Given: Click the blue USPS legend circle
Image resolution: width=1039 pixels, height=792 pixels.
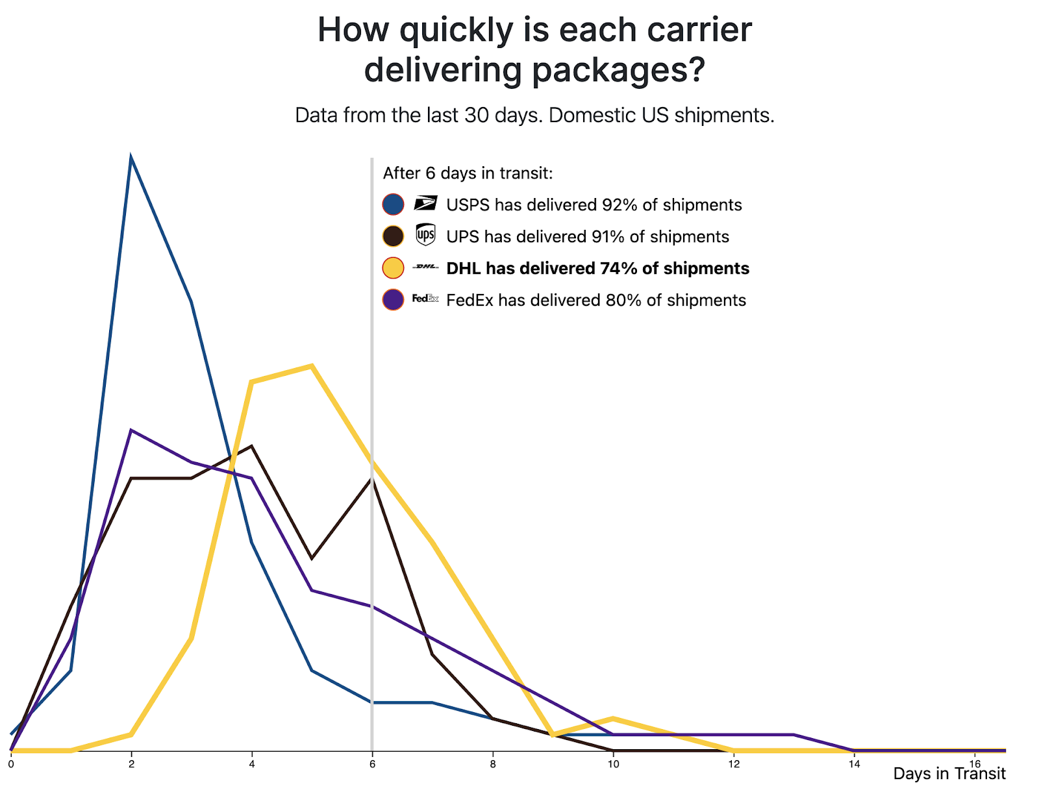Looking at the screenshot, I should pyautogui.click(x=393, y=204).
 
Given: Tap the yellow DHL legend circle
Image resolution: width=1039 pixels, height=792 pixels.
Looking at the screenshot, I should pyautogui.click(x=393, y=268).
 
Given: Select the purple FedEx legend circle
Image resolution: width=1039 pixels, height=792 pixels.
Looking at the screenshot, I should pyautogui.click(x=393, y=300).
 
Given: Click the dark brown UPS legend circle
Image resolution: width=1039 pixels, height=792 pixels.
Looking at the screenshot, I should pyautogui.click(x=393, y=236).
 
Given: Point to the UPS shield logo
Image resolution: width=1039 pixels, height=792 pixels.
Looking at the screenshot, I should pyautogui.click(x=425, y=235).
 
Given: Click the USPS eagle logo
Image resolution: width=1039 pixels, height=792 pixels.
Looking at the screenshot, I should pyautogui.click(x=425, y=203).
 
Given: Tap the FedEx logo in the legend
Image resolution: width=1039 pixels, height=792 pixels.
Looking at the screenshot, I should pyautogui.click(x=425, y=299).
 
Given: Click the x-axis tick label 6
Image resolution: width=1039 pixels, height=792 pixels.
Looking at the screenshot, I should pyautogui.click(x=372, y=764).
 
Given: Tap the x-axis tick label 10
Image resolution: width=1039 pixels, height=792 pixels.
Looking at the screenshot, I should pyautogui.click(x=613, y=764).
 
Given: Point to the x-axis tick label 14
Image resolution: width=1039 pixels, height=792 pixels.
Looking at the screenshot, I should pyautogui.click(x=854, y=764).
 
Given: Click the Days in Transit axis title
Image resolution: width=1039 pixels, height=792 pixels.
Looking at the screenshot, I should pyautogui.click(x=949, y=774).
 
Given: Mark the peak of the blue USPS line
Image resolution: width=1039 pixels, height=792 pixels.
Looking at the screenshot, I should pyautogui.click(x=131, y=158).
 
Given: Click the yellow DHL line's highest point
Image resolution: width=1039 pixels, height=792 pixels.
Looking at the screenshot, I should pyautogui.click(x=312, y=366).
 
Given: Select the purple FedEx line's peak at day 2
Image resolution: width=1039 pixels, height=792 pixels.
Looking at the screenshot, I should pyautogui.click(x=131, y=430).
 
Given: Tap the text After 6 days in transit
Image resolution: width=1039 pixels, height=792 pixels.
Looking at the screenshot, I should pyautogui.click(x=468, y=173).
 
